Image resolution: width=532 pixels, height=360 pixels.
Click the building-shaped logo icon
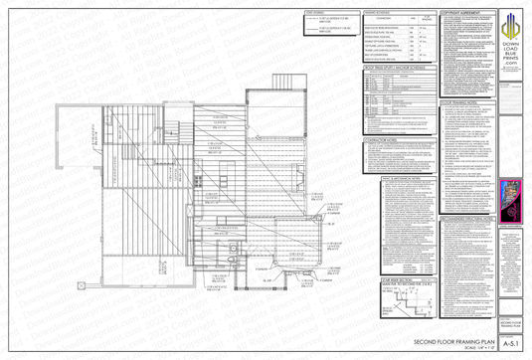pyautogui.click(x=513, y=24)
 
